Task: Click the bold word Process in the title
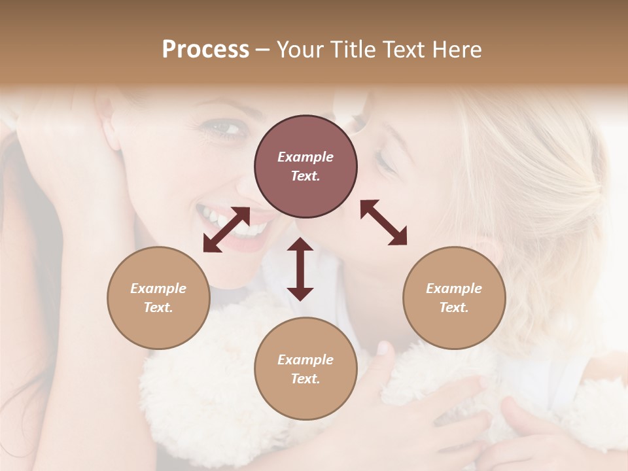point(205,50)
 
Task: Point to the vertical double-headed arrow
point(300,269)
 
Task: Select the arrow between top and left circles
point(226,230)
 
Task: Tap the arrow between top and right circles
point(384,222)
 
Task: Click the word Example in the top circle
point(305,157)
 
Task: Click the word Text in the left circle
point(158,307)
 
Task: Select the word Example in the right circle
point(454,288)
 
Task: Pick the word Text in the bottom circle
point(305,379)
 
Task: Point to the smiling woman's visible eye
point(226,128)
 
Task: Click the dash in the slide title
point(262,50)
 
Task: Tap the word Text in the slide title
point(405,50)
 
